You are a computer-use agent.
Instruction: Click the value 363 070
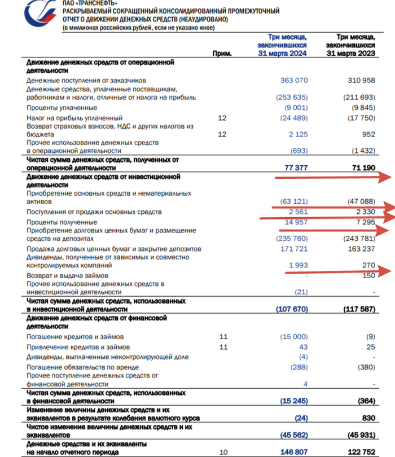[294, 81]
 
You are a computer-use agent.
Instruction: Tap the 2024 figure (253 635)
[292, 98]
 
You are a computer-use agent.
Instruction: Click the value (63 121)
[294, 202]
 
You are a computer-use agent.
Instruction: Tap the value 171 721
[294, 248]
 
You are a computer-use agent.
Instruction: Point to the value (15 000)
[294, 336]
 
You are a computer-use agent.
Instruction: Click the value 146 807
[294, 452]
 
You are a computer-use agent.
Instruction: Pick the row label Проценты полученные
[62, 222]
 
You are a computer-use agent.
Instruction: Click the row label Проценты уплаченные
[62, 107]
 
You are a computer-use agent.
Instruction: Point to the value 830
[367, 418]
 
